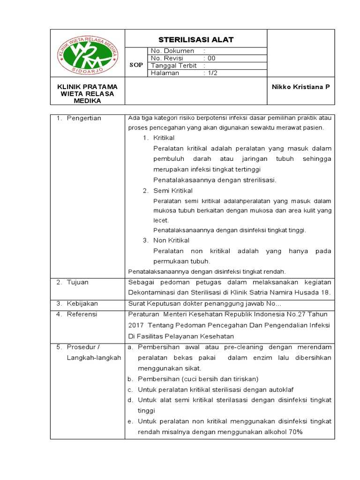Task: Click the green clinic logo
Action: click(x=87, y=54)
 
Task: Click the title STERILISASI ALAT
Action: click(x=196, y=39)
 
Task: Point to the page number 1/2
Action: click(x=212, y=73)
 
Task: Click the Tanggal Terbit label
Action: click(x=173, y=66)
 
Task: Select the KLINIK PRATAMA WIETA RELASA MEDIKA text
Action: click(x=87, y=93)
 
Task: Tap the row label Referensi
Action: click(x=81, y=314)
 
